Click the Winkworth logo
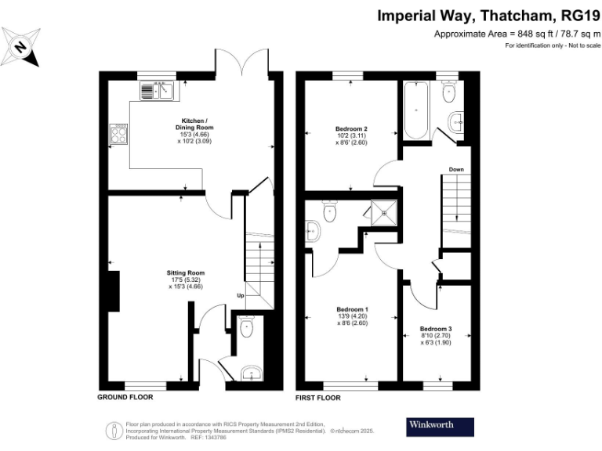(440, 427)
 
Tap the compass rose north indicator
(20, 47)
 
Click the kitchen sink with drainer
(157, 91)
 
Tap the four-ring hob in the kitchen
(118, 134)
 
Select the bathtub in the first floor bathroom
(416, 110)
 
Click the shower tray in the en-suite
(384, 213)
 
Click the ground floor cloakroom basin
(252, 373)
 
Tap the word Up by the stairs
(241, 295)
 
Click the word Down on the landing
(456, 169)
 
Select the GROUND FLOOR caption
(125, 397)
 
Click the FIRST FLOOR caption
(318, 398)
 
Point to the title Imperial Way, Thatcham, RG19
(488, 16)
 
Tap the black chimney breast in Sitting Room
(114, 291)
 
